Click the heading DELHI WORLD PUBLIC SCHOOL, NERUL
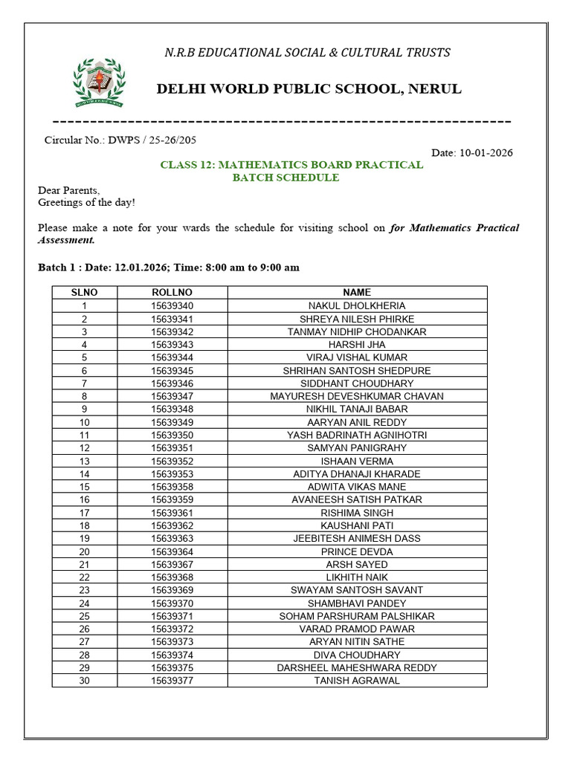tap(309, 89)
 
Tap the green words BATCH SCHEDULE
tap(285, 178)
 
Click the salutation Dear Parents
tap(68, 190)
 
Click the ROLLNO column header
tap(172, 293)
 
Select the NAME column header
tap(357, 293)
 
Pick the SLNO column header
tap(84, 293)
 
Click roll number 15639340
tap(172, 306)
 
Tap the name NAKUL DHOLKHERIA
tap(357, 306)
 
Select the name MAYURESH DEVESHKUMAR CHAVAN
tap(357, 396)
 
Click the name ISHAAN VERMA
tap(357, 461)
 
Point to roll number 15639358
tap(172, 487)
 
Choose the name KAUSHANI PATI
tap(357, 525)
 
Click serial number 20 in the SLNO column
tap(84, 551)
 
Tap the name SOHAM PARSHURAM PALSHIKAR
tap(357, 616)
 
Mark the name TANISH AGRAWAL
tap(357, 681)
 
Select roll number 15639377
tap(172, 681)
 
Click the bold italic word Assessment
tap(66, 240)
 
